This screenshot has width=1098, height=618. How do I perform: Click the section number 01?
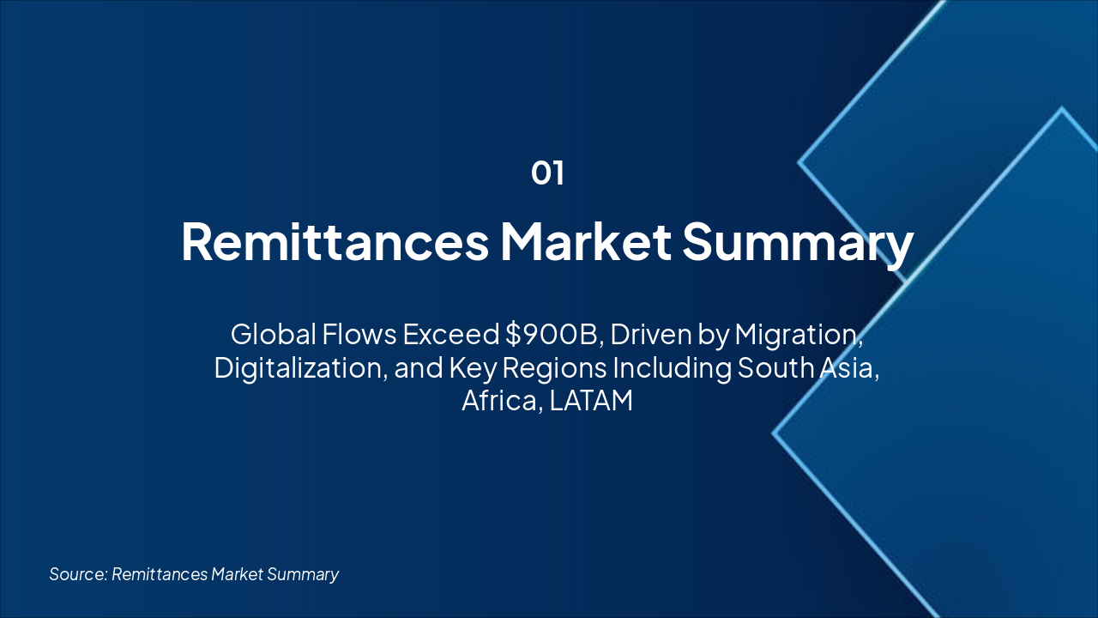(547, 173)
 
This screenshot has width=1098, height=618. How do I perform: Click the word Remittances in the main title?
(335, 242)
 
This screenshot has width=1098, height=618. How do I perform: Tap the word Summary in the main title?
(798, 242)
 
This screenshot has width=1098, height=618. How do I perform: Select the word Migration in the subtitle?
(798, 334)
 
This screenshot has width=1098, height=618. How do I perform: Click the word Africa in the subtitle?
(499, 400)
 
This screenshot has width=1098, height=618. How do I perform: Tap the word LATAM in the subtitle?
(591, 400)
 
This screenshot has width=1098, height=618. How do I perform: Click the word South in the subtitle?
(771, 367)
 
